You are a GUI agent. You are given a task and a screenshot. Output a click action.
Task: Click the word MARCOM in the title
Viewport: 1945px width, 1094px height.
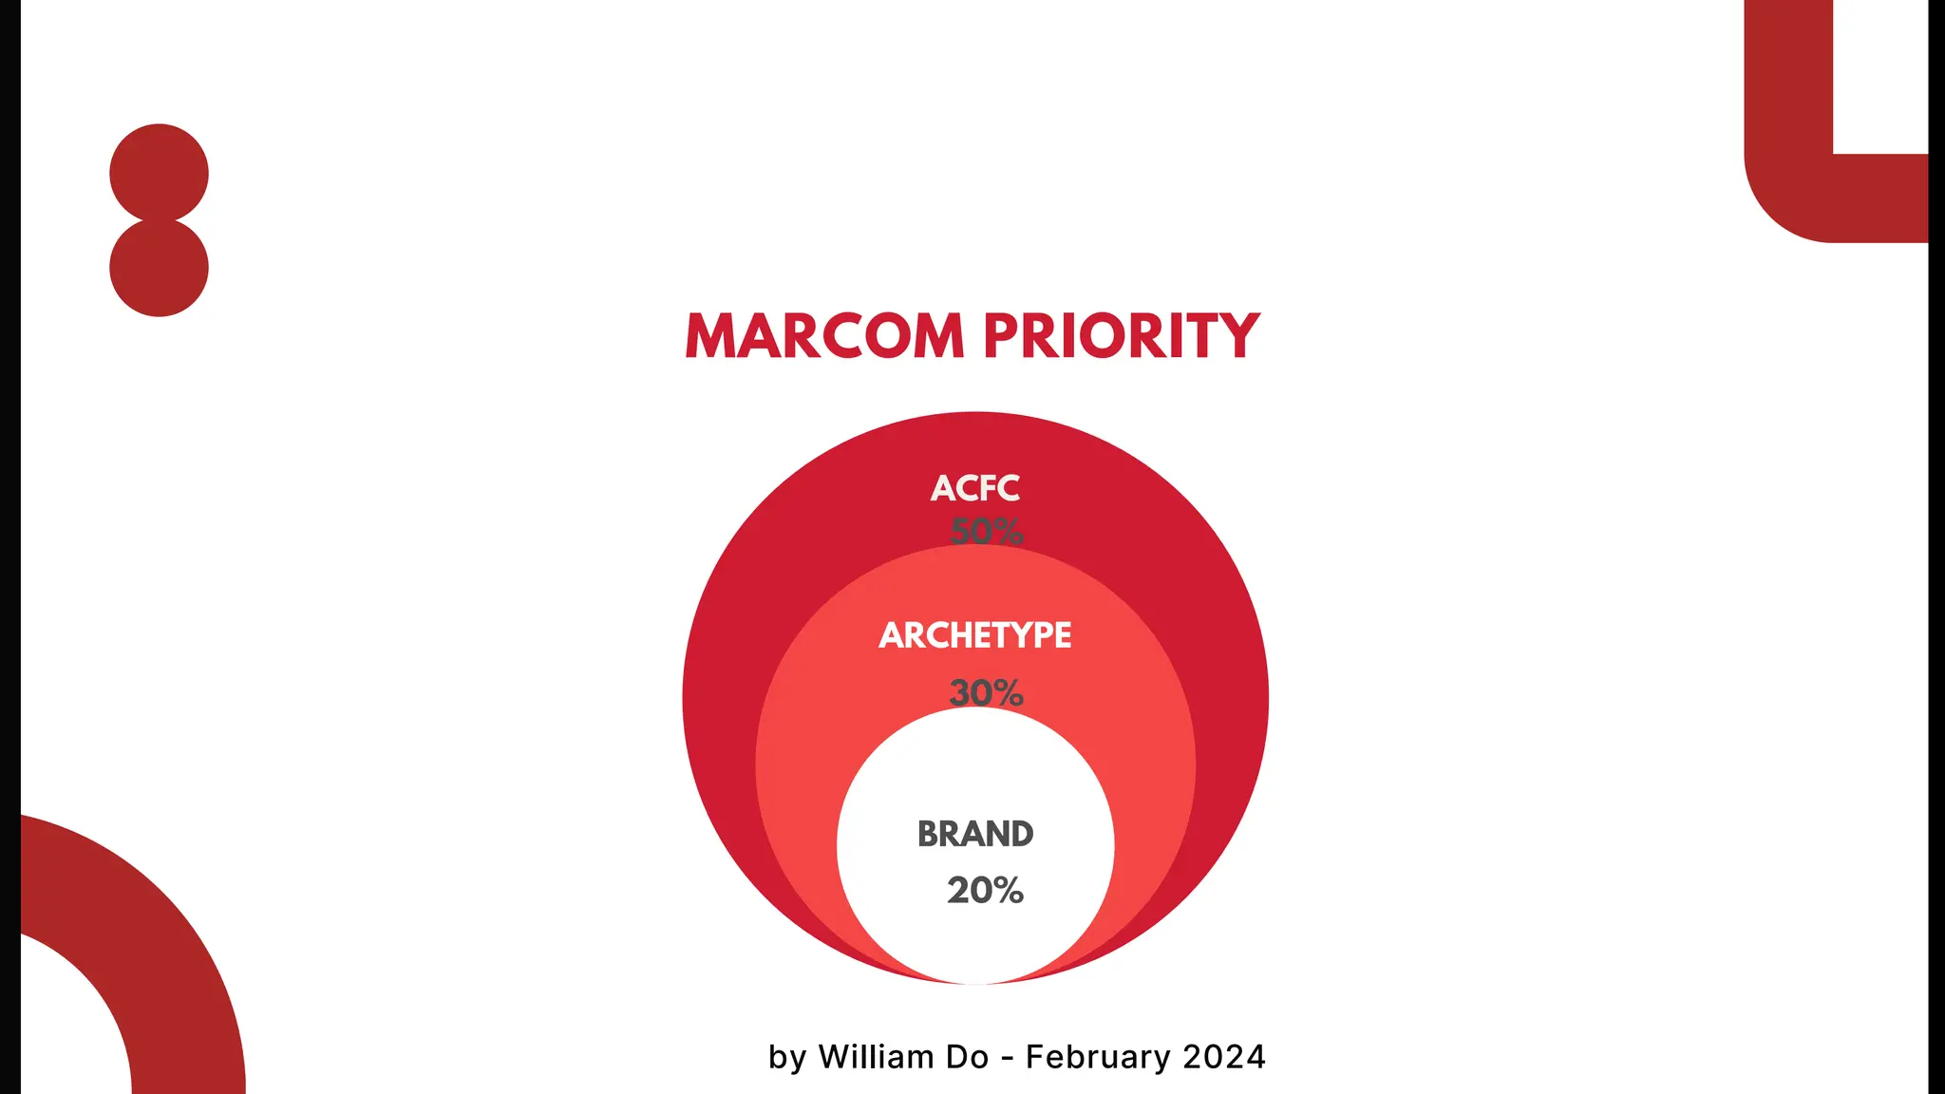coord(824,336)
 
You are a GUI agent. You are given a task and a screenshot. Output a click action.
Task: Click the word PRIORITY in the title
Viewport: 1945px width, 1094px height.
coord(1121,336)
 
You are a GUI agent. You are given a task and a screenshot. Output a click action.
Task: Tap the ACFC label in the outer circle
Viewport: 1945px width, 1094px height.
coord(974,488)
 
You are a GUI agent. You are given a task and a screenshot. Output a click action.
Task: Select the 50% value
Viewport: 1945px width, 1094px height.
coord(986,532)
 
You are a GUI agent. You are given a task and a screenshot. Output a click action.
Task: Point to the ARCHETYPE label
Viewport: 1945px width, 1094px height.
coord(975,635)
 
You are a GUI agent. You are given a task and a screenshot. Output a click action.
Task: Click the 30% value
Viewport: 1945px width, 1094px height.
coord(986,693)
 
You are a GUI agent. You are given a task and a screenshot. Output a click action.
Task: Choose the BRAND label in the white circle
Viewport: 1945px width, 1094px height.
coord(975,834)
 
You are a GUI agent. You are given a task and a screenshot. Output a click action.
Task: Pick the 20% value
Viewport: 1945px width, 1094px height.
coord(985,891)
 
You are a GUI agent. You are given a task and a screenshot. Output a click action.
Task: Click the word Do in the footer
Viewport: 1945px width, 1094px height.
coord(971,1057)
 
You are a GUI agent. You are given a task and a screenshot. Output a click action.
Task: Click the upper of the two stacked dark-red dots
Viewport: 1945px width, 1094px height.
coord(159,173)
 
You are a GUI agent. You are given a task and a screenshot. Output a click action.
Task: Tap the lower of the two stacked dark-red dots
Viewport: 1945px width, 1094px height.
coord(159,268)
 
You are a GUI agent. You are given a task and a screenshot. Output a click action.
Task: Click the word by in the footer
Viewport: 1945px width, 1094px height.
coord(787,1058)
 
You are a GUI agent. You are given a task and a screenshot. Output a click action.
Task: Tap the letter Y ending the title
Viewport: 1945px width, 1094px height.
coord(1239,336)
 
